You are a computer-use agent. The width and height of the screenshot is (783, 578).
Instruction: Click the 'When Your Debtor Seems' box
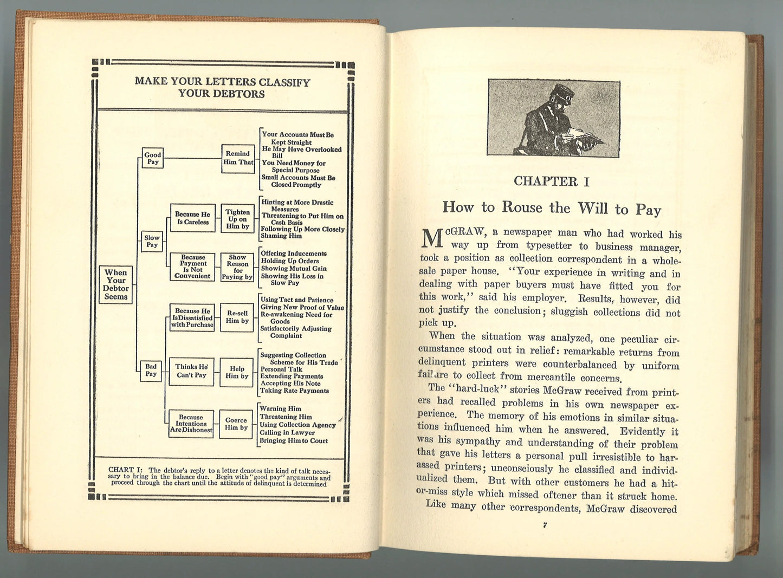(116, 284)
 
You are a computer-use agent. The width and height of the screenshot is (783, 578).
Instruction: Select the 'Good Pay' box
(153, 158)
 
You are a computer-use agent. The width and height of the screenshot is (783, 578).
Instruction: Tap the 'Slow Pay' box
(152, 241)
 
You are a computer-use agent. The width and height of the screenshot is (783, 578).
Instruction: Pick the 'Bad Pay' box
(151, 371)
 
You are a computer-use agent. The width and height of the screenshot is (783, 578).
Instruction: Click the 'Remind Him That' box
(238, 158)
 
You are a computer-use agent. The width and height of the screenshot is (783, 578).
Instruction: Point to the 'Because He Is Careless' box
(192, 218)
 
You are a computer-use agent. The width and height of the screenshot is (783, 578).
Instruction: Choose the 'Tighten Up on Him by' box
(238, 219)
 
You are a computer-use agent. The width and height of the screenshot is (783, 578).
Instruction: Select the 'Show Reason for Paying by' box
(237, 267)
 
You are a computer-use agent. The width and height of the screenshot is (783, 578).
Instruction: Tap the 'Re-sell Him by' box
(237, 317)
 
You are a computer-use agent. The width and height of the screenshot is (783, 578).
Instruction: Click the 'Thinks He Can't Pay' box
(191, 371)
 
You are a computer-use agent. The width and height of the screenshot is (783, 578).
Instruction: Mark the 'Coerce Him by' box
(236, 424)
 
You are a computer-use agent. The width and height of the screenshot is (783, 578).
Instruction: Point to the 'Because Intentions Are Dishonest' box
(191, 424)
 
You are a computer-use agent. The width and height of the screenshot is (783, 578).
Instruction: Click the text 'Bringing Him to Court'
(293, 441)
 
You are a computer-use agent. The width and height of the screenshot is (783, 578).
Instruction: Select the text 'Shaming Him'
(281, 236)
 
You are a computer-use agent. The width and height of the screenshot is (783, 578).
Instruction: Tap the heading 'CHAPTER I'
(551, 181)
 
